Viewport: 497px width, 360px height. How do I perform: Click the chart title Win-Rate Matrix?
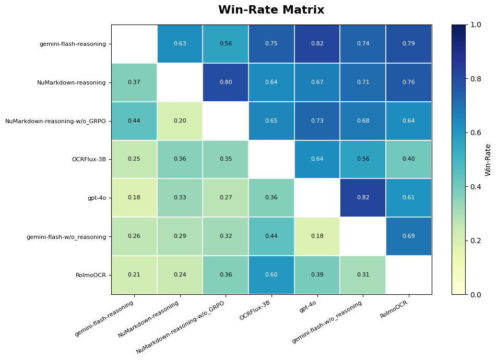pos(271,10)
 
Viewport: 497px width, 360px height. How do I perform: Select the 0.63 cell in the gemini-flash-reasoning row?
pos(180,44)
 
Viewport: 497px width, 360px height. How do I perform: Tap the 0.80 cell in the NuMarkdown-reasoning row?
pos(226,82)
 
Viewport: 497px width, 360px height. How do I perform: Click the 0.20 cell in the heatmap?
pos(180,121)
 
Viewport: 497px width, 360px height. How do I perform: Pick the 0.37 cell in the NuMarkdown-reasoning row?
pos(134,82)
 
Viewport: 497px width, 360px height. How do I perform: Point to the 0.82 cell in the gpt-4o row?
pos(363,198)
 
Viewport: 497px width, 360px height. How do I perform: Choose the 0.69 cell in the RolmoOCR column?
pos(408,236)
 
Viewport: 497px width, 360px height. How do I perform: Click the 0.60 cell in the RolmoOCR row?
pos(271,275)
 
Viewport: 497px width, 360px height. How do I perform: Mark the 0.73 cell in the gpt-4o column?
pos(317,121)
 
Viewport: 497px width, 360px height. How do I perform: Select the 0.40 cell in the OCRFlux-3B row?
pos(408,159)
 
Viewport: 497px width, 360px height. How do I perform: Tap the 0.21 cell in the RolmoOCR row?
pos(134,275)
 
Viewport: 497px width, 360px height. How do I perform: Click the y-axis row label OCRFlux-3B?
pos(89,159)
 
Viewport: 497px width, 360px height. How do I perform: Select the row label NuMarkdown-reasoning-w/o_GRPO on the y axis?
pos(55,121)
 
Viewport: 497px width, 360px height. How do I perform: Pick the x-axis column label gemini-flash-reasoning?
pos(105,318)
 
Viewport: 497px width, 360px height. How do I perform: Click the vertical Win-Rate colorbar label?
pos(488,160)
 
